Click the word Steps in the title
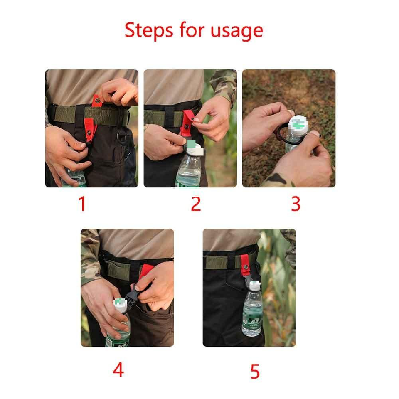coord(149,30)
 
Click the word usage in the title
coord(236,32)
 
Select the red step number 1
coord(82,204)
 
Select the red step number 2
coord(196,204)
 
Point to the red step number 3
coord(296,204)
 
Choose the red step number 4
coord(118,370)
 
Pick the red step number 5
coord(255,372)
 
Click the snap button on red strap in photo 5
coord(246,267)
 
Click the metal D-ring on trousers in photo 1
coord(122,136)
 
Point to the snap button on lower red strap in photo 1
coord(89,132)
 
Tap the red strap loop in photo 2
coord(187,122)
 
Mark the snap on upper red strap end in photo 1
coord(97,100)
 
